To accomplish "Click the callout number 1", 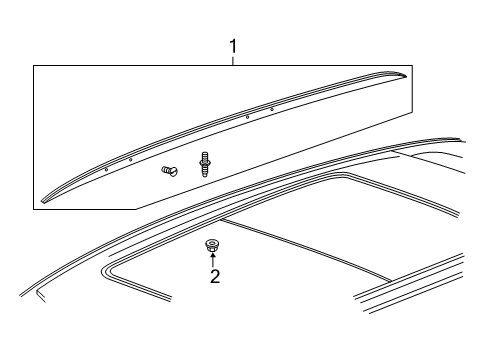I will point(233,46).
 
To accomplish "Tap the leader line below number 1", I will point(233,60).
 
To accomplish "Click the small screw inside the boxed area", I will point(167,171).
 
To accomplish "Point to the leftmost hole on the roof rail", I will point(106,169).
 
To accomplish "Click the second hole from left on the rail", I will point(130,159).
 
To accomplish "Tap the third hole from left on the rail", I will point(247,117).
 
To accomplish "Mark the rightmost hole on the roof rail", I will point(272,109).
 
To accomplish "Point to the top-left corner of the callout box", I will point(34,66).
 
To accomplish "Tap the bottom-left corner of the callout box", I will point(34,208).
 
